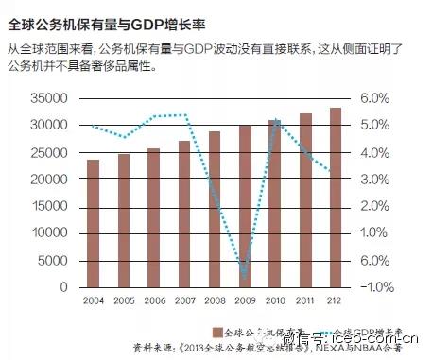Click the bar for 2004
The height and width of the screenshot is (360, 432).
[93, 223]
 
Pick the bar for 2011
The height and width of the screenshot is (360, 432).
[305, 200]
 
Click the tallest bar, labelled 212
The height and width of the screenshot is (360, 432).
[336, 197]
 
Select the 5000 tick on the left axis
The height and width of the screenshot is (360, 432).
[49, 260]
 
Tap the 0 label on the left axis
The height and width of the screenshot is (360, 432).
[63, 287]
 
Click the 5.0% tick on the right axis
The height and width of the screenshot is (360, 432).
[374, 125]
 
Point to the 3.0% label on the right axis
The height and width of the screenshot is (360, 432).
[374, 180]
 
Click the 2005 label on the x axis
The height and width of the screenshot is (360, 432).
[123, 300]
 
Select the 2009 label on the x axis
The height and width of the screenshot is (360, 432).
[245, 300]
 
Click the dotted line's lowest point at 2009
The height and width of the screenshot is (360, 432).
[245, 277]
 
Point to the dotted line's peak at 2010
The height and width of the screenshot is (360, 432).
[275, 120]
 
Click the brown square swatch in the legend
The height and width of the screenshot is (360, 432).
[216, 332]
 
